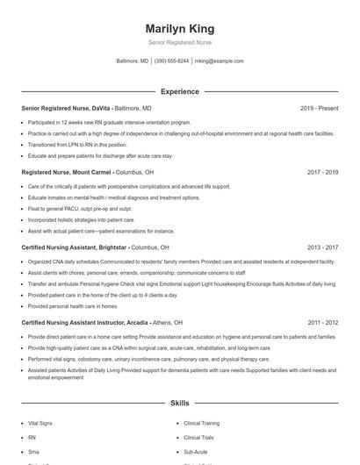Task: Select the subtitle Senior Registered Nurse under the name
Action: point(179,42)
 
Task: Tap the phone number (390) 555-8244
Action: point(171,61)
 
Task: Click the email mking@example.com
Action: point(219,61)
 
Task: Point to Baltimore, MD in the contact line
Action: point(132,61)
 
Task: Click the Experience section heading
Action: point(179,91)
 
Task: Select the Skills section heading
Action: point(179,403)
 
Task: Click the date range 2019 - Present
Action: point(319,108)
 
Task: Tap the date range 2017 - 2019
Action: point(322,173)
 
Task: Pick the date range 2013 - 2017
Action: point(322,247)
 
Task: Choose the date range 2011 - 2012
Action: point(322,322)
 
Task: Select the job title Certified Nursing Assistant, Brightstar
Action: point(76,247)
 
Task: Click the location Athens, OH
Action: point(167,322)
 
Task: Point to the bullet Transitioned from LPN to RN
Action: point(77,145)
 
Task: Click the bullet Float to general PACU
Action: point(79,209)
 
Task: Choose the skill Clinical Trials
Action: point(198,437)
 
